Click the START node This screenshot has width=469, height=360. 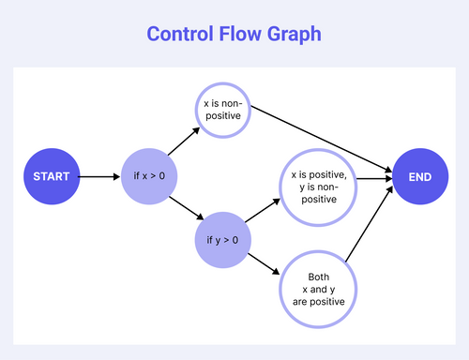51,176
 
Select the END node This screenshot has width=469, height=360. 420,176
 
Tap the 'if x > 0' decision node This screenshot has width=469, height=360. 149,176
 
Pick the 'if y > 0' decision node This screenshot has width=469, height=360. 222,241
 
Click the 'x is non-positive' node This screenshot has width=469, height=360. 222,110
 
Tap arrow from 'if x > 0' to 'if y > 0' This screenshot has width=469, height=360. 185,208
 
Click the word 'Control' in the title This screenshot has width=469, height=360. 184,34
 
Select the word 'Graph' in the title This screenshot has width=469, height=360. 298,34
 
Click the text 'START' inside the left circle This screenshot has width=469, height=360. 51,176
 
